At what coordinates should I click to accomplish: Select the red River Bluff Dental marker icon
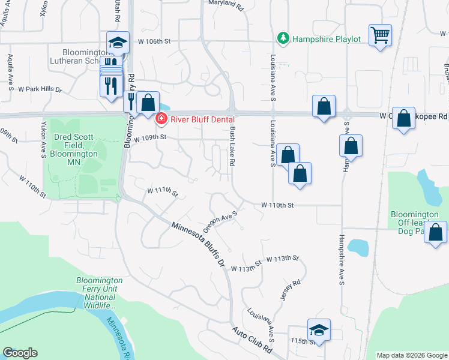[x=160, y=119]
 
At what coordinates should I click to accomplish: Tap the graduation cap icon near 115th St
[x=318, y=329]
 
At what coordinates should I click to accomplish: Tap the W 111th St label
[x=163, y=191]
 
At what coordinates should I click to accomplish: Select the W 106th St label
[x=154, y=41]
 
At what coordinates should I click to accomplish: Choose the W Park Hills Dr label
[x=40, y=89]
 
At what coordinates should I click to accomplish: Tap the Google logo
[x=19, y=353]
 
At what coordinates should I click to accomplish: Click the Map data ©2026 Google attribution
[x=412, y=355]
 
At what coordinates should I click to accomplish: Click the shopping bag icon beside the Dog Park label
[x=436, y=232]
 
